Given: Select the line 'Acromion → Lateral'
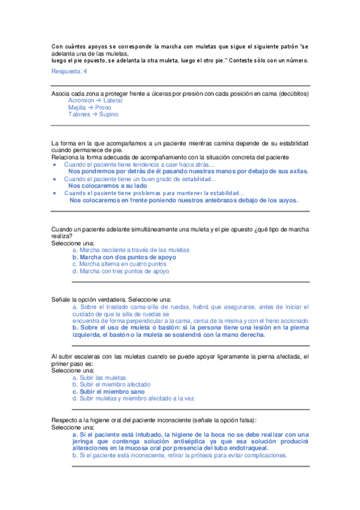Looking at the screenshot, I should click(95, 100).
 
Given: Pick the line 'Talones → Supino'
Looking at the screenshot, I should click(93, 114).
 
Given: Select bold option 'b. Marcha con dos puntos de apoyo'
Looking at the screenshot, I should click(124, 257).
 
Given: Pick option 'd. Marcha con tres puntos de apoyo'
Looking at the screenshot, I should click(120, 271).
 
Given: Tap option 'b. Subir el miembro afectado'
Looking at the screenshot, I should click(111, 384).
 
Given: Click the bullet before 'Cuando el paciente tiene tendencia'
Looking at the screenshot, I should click(55, 164).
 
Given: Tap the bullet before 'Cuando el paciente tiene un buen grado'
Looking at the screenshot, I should click(55, 179).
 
